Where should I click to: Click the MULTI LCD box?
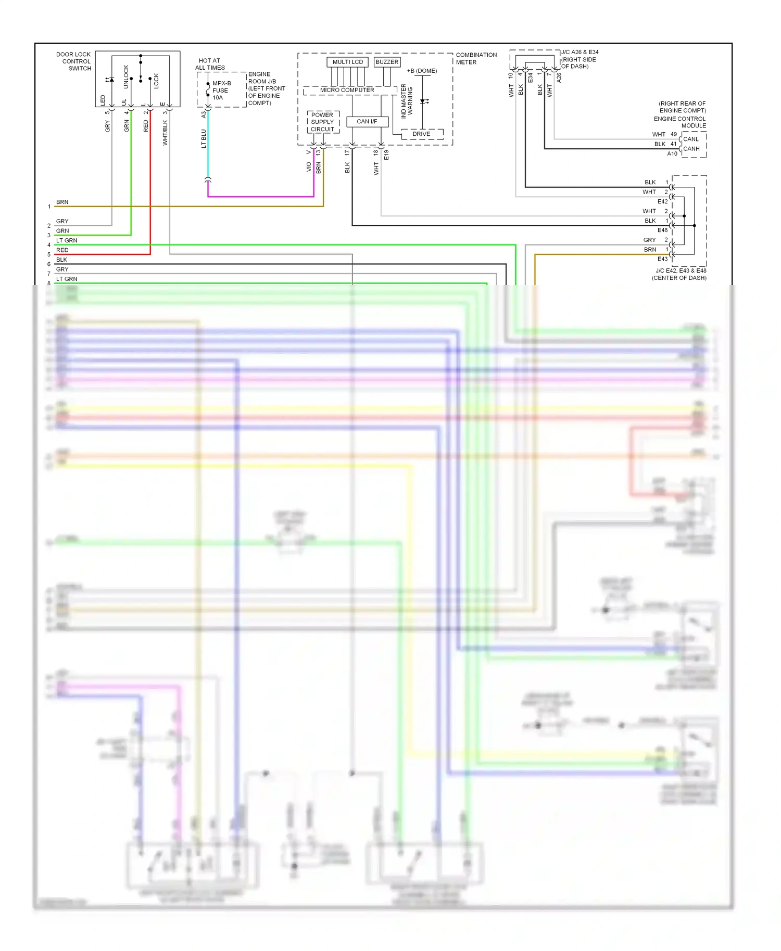[x=347, y=62]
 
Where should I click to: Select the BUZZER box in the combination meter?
[x=387, y=62]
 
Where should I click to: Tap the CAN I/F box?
[x=367, y=122]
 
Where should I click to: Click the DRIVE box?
[x=421, y=134]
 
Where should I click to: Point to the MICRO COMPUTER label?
[x=347, y=90]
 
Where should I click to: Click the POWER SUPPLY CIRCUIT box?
[x=322, y=122]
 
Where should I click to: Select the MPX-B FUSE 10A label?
[x=221, y=91]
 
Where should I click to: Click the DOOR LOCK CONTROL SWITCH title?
[x=74, y=61]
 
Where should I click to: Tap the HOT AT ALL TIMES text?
[x=210, y=64]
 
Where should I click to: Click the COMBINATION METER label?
[x=476, y=58]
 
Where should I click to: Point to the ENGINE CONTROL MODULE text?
[x=679, y=122]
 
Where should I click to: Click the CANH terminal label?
[x=691, y=149]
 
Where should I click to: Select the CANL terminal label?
[x=691, y=139]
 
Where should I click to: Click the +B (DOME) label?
[x=422, y=71]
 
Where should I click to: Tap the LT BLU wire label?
[x=204, y=139]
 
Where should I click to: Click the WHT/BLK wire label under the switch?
[x=165, y=133]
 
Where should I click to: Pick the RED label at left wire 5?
[x=62, y=250]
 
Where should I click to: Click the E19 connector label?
[x=386, y=155]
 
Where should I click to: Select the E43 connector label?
[x=662, y=259]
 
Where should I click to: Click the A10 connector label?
[x=672, y=154]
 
